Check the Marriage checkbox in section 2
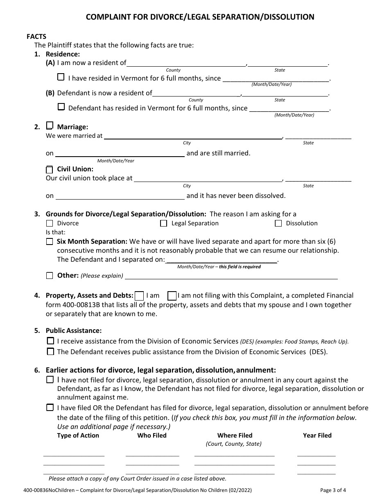click(x=50, y=126)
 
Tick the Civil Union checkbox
click(x=50, y=169)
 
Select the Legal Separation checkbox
click(x=164, y=223)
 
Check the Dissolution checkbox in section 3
click(x=278, y=223)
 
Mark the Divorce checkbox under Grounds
click(x=50, y=223)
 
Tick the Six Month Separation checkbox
click(x=50, y=242)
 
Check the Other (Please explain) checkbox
click(x=50, y=276)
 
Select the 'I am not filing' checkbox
click(x=172, y=296)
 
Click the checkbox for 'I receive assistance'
click(x=50, y=341)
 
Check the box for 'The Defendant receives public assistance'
click(x=50, y=351)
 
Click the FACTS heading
click(x=36, y=36)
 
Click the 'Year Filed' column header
click(x=317, y=436)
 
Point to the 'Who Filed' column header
click(x=152, y=436)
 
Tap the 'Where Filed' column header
click(x=235, y=436)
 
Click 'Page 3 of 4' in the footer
click(x=333, y=490)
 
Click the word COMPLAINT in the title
click(x=109, y=17)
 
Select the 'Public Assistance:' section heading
click(x=74, y=330)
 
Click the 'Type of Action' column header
click(x=78, y=436)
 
